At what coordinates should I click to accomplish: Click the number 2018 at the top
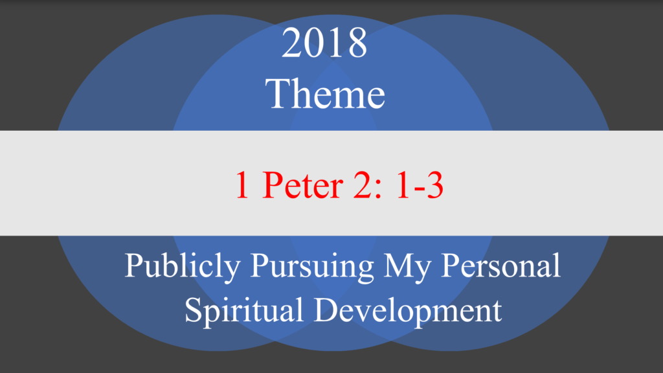(324, 42)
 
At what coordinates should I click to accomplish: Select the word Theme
(325, 93)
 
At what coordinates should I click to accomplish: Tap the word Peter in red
(302, 185)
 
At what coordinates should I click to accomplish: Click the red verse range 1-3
(420, 185)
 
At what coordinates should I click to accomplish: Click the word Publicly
(182, 266)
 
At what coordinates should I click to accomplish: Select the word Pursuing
(312, 266)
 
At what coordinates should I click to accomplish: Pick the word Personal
(500, 265)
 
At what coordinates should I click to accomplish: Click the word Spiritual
(244, 310)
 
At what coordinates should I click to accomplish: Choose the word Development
(408, 310)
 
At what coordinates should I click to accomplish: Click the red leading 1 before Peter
(242, 185)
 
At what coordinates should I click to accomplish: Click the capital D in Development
(327, 310)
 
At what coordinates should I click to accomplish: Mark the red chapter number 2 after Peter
(362, 185)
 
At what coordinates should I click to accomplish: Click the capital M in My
(399, 266)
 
